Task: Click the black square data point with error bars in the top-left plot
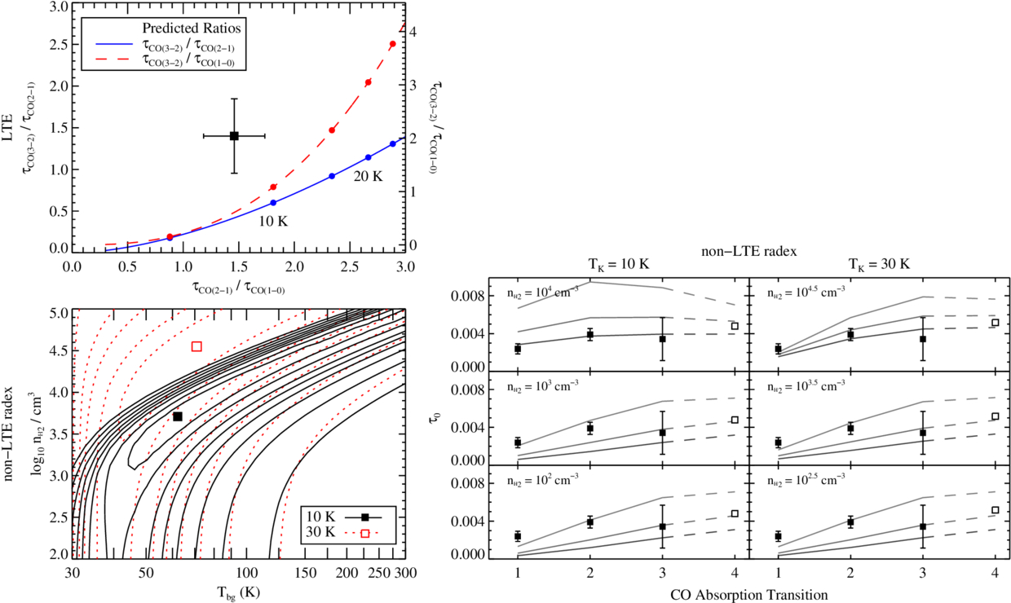click(234, 136)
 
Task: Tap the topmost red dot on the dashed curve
click(393, 44)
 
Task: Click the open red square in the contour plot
click(196, 346)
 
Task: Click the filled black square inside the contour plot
click(178, 416)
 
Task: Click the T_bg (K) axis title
click(236, 592)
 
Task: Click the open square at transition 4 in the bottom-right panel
click(995, 510)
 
